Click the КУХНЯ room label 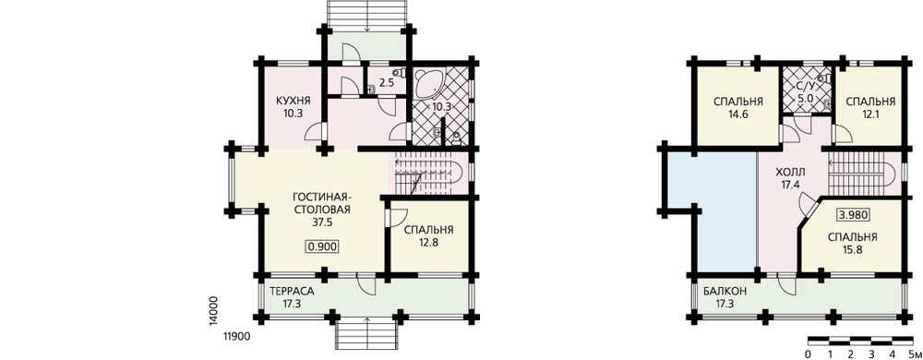click(293, 100)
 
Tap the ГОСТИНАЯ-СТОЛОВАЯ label click(322, 203)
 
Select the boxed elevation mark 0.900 click(322, 247)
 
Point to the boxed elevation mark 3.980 click(852, 215)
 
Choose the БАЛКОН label click(725, 291)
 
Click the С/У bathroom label click(805, 87)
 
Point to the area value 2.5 click(387, 83)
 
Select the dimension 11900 click(237, 337)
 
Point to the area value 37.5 click(322, 223)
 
